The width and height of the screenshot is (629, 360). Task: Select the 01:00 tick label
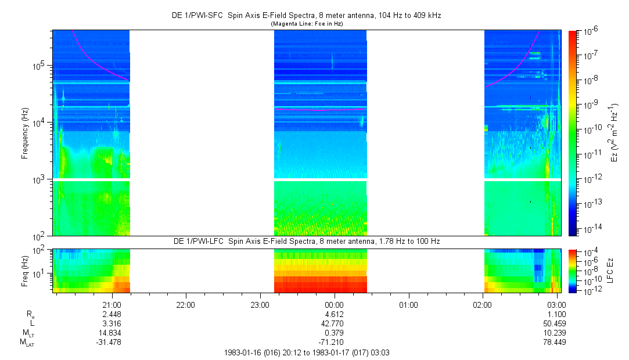(x=408, y=304)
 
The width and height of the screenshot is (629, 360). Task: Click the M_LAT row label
(x=27, y=342)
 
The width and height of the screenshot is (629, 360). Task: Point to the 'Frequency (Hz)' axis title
(x=24, y=134)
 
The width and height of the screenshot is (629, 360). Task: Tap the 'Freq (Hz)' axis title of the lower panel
(x=24, y=271)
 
